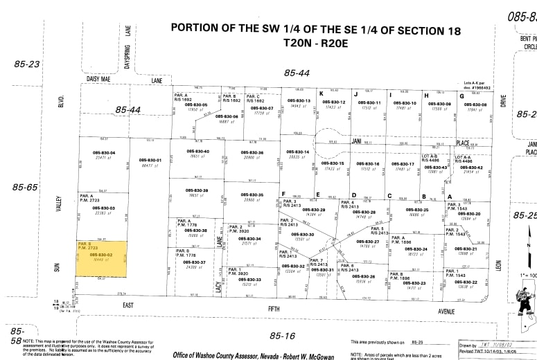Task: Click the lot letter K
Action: [321, 93]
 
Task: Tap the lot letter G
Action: [461, 95]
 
